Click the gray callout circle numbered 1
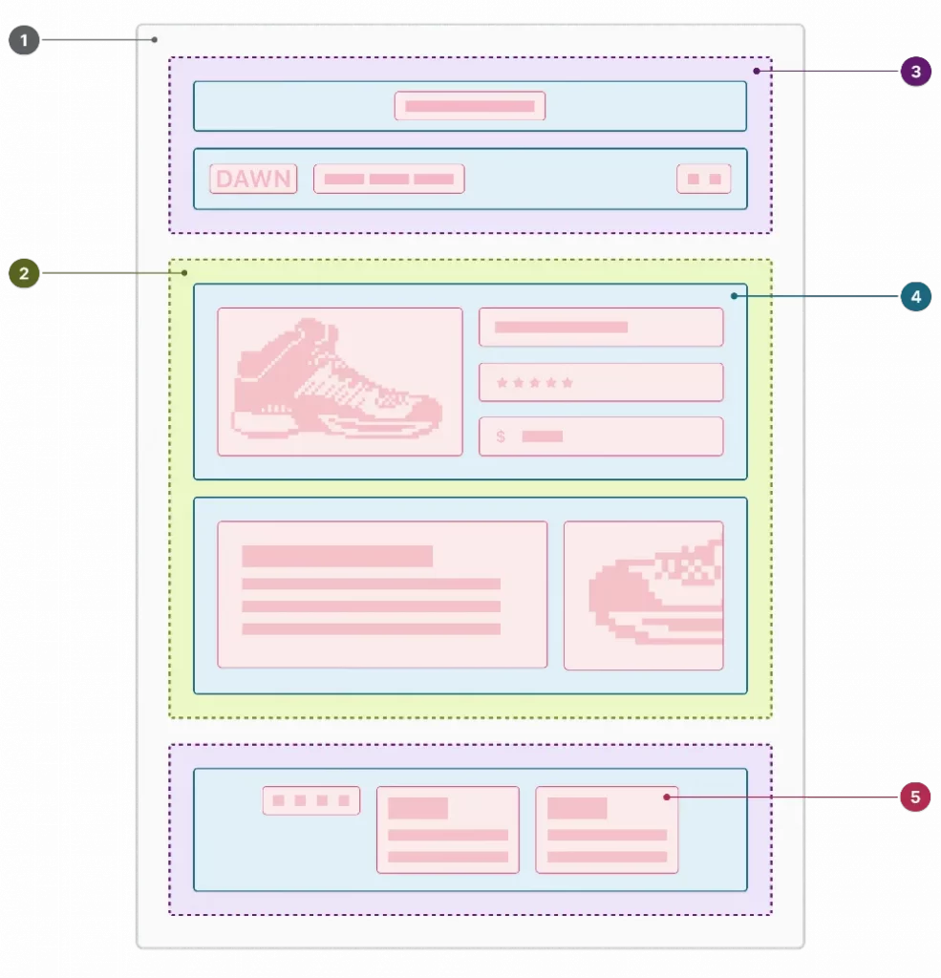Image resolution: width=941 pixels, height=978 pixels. tap(24, 40)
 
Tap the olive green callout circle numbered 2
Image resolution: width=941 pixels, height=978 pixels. tap(24, 273)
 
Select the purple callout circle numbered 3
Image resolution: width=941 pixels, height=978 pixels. tap(915, 71)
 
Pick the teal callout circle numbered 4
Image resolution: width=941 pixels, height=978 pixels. tap(915, 296)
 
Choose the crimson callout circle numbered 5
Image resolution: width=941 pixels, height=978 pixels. tap(915, 797)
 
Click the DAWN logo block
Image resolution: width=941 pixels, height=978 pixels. tap(253, 179)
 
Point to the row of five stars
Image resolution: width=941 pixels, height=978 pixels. tap(534, 382)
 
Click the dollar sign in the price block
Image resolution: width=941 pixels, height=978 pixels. tap(501, 436)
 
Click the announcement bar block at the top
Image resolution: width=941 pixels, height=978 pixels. tap(470, 106)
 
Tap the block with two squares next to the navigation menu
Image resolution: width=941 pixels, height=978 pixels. tap(704, 179)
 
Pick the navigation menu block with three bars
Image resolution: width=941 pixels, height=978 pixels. tap(389, 179)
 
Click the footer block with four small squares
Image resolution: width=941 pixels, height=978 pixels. tap(311, 800)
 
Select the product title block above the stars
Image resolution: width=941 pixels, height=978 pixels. tap(601, 327)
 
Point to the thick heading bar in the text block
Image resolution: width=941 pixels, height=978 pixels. tap(337, 556)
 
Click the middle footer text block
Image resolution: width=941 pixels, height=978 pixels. tap(448, 830)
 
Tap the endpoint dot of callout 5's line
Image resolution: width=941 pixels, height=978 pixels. tap(667, 797)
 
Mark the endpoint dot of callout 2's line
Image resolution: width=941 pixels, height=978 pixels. tap(184, 272)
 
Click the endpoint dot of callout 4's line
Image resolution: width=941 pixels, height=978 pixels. tap(735, 296)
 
